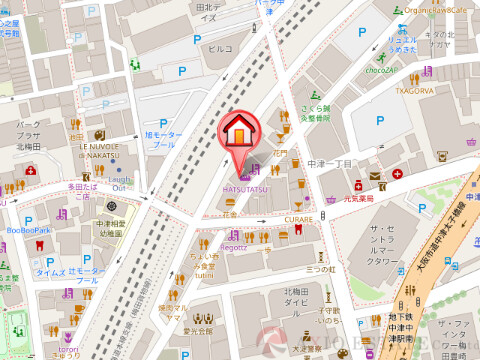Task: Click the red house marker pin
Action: click(240, 134)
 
